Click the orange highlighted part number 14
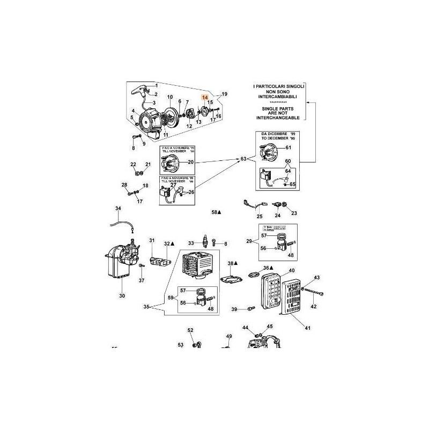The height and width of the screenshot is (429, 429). click(204, 98)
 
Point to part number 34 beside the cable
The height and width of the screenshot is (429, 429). click(119, 208)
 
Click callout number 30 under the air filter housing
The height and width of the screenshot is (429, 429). click(122, 296)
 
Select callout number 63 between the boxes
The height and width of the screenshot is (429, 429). click(244, 159)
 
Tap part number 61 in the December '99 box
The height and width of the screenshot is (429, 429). click(288, 147)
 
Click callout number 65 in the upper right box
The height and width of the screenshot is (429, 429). click(293, 184)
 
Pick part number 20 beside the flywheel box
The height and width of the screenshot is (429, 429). click(190, 162)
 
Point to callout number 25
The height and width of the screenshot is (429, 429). click(259, 217)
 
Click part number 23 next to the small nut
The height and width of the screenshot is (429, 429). click(294, 213)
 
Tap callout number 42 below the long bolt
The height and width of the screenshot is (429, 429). click(314, 306)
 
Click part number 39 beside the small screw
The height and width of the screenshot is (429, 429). click(234, 309)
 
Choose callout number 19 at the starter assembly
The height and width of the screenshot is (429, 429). click(225, 94)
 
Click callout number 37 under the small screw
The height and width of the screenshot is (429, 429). click(142, 280)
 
